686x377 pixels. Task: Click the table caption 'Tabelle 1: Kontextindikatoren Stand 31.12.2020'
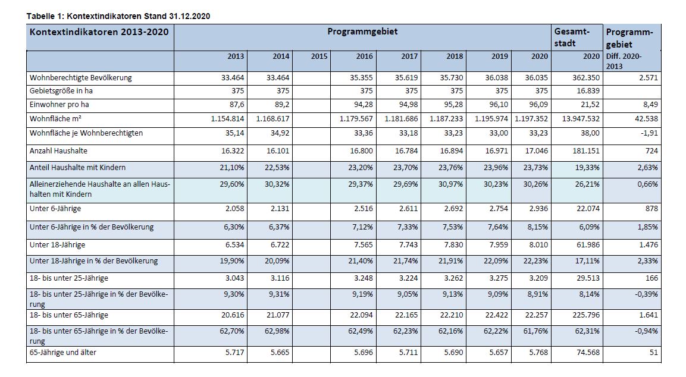118,16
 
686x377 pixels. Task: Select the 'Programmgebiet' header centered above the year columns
362,32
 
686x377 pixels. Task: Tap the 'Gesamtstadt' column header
572,37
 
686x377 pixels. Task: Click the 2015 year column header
319,56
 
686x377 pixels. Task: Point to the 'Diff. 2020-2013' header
624,61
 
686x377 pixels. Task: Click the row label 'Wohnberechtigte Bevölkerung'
80,78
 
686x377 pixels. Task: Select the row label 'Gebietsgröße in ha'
61,91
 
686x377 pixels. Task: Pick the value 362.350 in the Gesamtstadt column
586,78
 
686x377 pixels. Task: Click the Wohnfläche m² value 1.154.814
227,118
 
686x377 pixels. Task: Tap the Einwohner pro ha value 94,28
364,105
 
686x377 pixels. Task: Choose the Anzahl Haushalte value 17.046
537,151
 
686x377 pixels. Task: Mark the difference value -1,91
649,133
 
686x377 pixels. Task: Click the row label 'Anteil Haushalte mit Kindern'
77,168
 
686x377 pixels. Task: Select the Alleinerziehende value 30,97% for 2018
450,184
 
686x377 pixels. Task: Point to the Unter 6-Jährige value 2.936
538,209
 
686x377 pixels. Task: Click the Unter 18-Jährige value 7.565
364,245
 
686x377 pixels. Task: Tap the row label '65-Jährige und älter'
62,353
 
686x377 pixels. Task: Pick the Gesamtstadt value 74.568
588,353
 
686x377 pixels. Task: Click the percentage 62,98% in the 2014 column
277,331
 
